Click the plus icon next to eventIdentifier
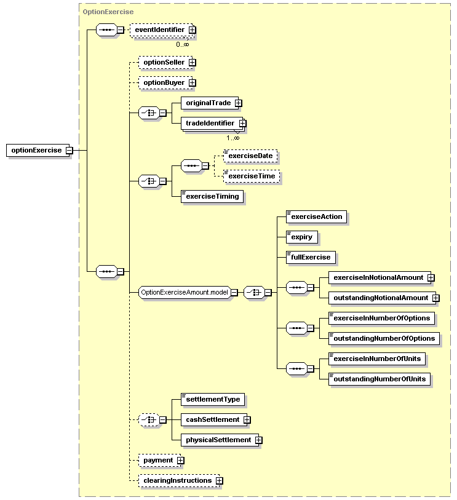click(192, 30)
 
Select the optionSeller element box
click(166, 63)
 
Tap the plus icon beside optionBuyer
click(192, 83)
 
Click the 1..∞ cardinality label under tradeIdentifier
click(232, 138)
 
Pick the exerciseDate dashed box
click(250, 156)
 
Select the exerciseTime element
click(252, 177)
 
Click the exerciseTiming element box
click(212, 196)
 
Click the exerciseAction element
click(316, 217)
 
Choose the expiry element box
click(302, 237)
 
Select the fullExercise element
click(311, 257)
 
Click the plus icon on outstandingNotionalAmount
click(435, 298)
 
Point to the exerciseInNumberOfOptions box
click(382, 318)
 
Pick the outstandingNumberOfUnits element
click(380, 379)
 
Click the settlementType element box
click(213, 400)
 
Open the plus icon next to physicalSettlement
click(258, 440)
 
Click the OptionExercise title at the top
click(108, 12)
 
